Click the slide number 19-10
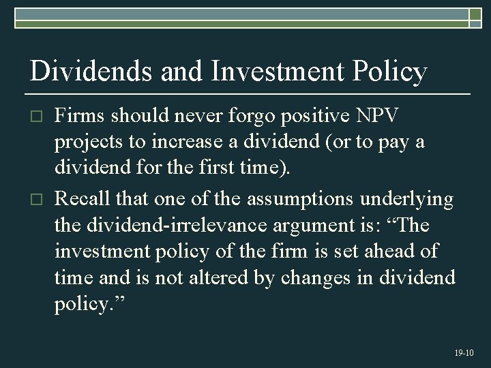[x=463, y=353]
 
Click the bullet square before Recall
[x=38, y=199]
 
